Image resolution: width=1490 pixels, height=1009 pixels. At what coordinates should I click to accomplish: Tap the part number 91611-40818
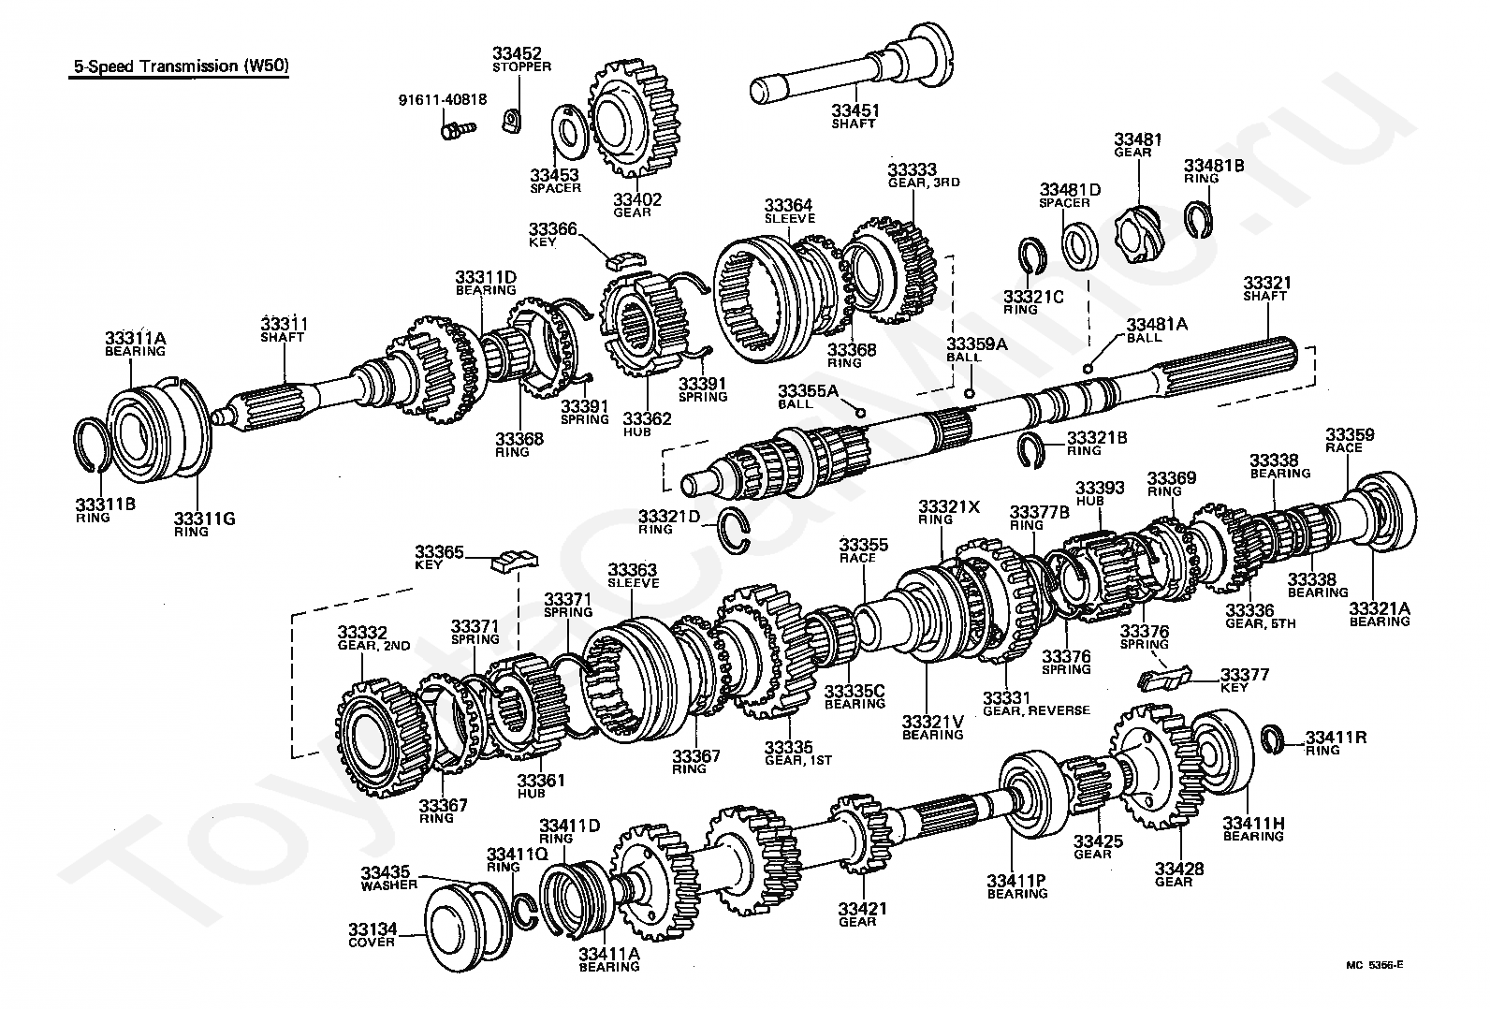tap(439, 100)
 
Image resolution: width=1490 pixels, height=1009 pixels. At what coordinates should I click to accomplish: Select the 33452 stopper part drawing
tap(511, 120)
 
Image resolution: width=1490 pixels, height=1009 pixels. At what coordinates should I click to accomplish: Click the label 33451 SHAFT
tap(855, 117)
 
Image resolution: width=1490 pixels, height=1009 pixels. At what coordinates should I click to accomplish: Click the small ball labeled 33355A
tap(860, 411)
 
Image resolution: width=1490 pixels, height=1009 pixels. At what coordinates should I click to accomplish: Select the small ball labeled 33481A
tap(1087, 368)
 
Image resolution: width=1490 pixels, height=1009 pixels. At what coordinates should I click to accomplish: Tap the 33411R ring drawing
tap(1272, 738)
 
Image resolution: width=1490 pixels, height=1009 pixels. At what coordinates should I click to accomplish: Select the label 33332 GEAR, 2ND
tap(362, 639)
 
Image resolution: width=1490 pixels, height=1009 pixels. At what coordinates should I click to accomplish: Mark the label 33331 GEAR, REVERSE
tap(1036, 704)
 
